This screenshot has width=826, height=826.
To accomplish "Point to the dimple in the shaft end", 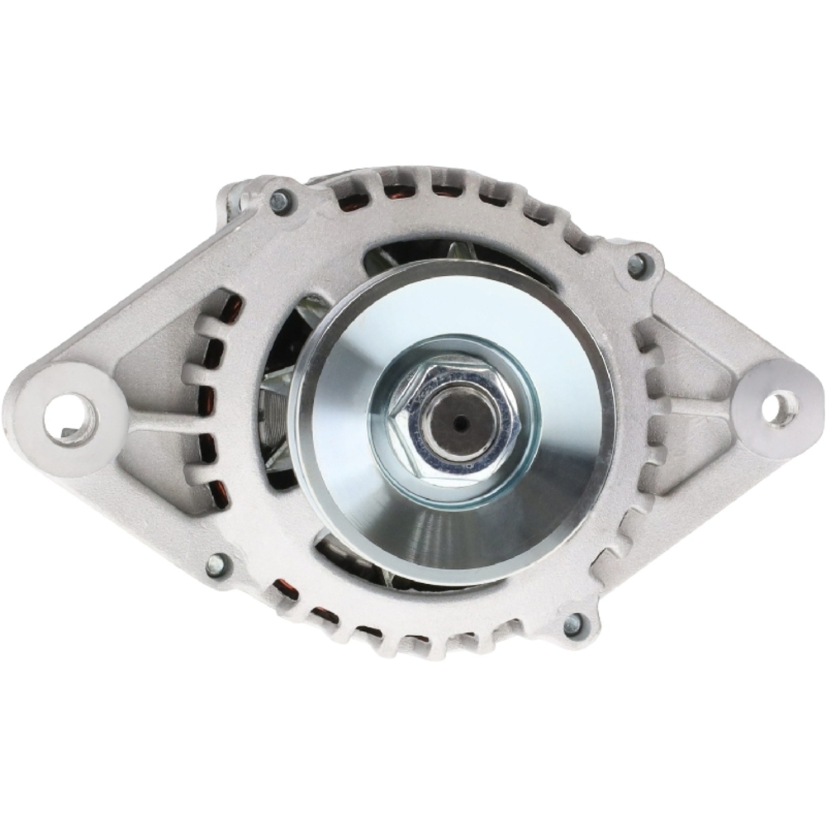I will click(458, 424).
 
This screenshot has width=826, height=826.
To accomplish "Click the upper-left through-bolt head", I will click(280, 201).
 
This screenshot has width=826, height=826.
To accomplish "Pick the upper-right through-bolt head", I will click(638, 263).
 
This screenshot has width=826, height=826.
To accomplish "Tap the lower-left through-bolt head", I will click(216, 564).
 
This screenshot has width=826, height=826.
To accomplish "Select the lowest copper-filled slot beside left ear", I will click(219, 494).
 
